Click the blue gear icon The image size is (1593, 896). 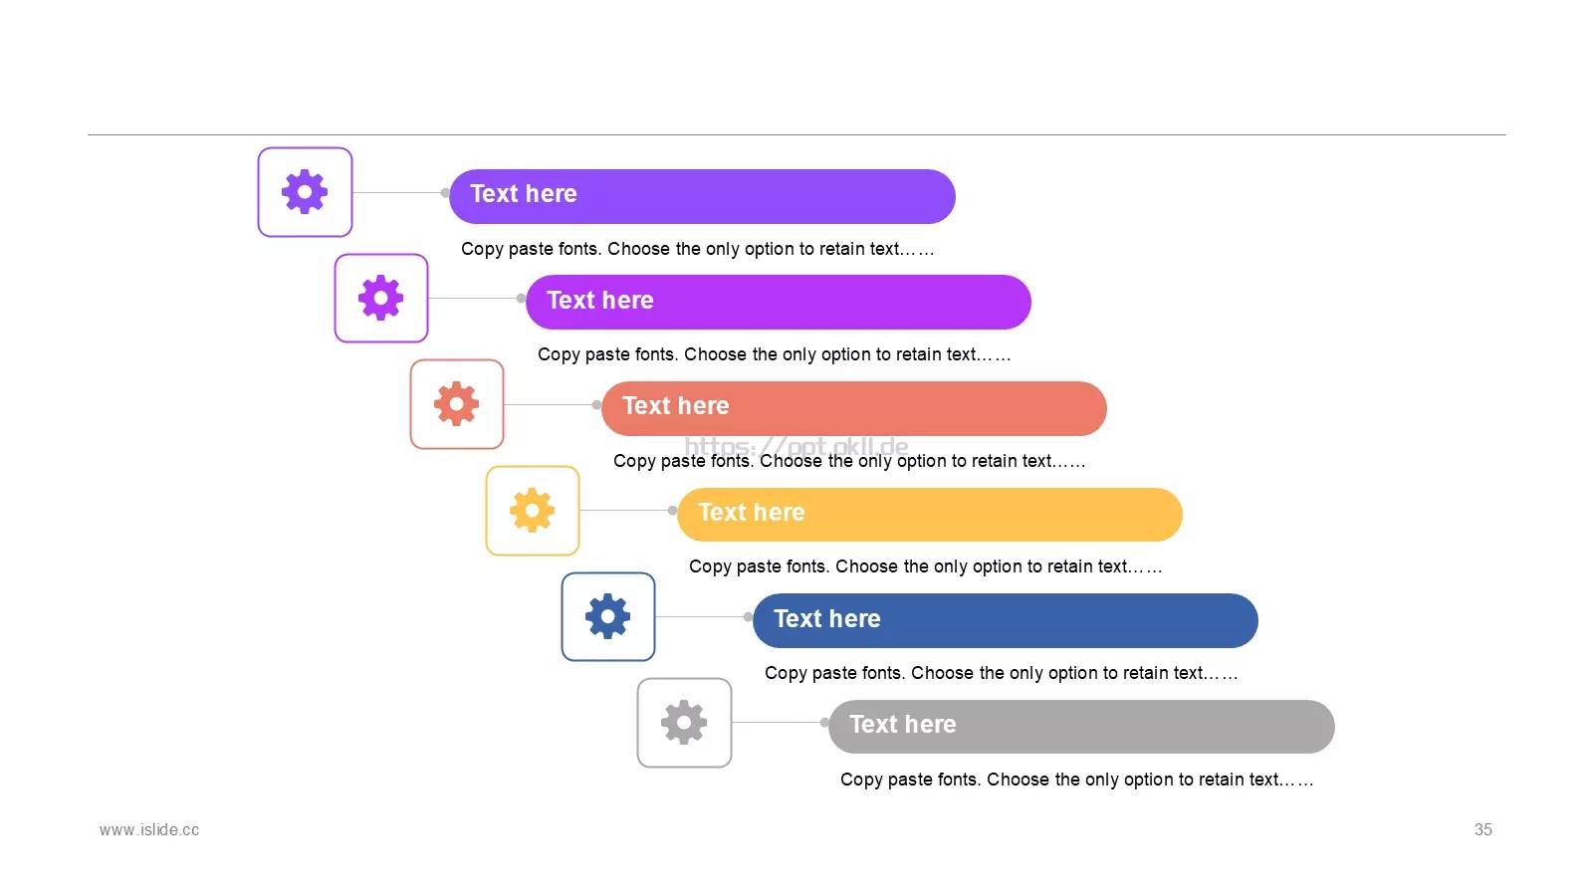(607, 616)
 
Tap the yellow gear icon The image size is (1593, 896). (532, 511)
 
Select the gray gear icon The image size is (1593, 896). (683, 723)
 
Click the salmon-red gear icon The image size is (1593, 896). (457, 404)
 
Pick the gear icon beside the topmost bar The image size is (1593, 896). (305, 192)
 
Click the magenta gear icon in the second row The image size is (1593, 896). (380, 298)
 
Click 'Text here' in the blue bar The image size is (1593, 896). (827, 618)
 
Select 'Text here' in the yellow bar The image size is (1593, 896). (752, 512)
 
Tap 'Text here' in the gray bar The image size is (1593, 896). (903, 724)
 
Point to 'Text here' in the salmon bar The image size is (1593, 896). (676, 405)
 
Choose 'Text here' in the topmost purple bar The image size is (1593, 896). (524, 193)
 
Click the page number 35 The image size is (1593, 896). (1482, 830)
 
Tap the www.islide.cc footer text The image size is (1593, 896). (149, 830)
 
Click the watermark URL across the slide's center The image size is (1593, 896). (796, 447)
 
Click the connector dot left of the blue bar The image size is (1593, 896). (748, 616)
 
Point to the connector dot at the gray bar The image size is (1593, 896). (824, 723)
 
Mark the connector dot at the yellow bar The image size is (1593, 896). (672, 510)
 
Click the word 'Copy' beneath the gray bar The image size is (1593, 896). (861, 781)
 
